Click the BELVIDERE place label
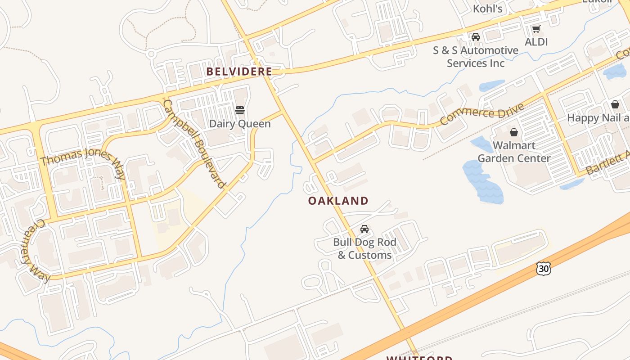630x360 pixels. [x=239, y=72]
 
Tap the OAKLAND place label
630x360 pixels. [x=338, y=201]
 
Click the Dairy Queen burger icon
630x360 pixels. [x=240, y=110]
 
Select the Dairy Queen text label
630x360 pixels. [x=240, y=124]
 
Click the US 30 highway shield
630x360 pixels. [x=544, y=269]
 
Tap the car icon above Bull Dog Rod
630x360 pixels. [x=364, y=229]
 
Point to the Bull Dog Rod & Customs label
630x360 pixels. [x=364, y=248]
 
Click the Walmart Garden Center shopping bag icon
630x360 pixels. [x=513, y=132]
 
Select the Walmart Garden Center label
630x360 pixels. [x=514, y=152]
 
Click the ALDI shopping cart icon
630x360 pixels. [x=536, y=29]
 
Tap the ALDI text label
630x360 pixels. [x=536, y=42]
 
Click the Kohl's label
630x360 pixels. [x=487, y=9]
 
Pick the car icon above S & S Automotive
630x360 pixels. [x=476, y=37]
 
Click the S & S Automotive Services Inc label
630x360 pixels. [x=476, y=57]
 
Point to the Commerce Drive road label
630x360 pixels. [x=482, y=114]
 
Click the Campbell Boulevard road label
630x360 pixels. [x=194, y=144]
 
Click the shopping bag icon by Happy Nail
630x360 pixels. [x=615, y=105]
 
